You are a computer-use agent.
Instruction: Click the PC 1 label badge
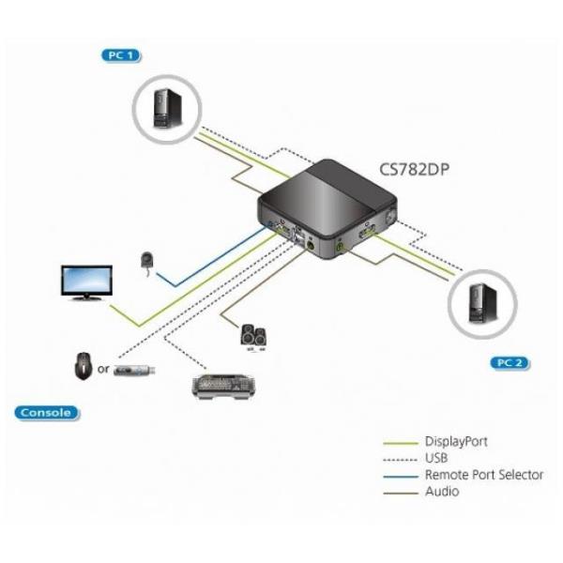click(x=120, y=56)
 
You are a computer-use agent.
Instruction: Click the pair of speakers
click(x=253, y=335)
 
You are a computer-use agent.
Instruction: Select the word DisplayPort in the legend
click(x=456, y=441)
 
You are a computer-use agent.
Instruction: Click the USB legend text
click(x=436, y=458)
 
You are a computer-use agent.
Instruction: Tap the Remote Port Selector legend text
click(x=483, y=475)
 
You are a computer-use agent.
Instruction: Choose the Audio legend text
click(x=442, y=492)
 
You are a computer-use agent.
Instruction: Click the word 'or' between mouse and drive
click(x=103, y=370)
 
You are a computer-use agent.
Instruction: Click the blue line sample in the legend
click(x=401, y=476)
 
